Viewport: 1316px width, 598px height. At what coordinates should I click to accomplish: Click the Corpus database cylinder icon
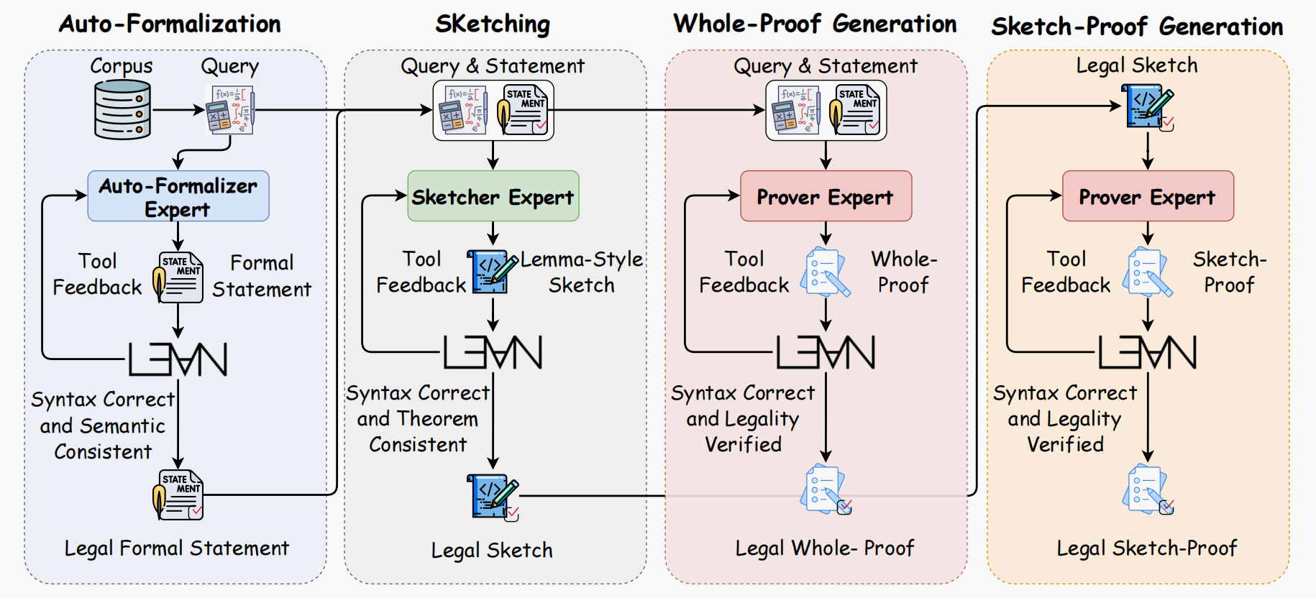tap(123, 109)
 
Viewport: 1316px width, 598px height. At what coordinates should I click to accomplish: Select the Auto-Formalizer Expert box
tap(178, 196)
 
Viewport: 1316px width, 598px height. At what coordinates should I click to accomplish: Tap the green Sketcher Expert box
tap(493, 196)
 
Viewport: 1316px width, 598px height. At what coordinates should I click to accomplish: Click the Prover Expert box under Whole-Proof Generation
tap(826, 196)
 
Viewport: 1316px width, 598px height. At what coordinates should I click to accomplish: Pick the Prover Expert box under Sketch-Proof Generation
tap(1148, 196)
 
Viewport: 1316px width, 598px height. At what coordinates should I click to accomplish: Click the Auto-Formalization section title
tap(170, 24)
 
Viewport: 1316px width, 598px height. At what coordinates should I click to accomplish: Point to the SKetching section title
tap(493, 24)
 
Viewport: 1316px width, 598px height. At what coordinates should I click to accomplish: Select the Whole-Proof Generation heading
tap(815, 24)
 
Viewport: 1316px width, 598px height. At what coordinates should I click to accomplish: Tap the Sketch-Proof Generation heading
tap(1137, 27)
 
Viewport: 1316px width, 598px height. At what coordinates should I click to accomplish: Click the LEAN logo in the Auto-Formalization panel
tap(178, 359)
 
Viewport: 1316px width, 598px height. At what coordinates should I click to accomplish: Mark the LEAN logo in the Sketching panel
tap(493, 352)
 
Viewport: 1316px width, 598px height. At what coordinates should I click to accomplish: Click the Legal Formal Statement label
tap(177, 548)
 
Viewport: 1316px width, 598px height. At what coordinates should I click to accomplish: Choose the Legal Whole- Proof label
tap(824, 548)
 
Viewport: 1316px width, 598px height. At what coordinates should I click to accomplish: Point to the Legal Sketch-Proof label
tap(1147, 548)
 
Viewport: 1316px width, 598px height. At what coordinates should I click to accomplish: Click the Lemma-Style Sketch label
tap(582, 272)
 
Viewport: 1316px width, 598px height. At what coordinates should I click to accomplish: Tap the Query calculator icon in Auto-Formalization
tap(230, 109)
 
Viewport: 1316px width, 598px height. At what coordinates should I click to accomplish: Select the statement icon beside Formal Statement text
tap(178, 277)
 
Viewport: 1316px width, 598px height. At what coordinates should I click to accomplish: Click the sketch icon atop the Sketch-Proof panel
tap(1148, 107)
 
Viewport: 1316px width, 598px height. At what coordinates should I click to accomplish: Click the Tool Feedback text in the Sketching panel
tap(421, 272)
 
